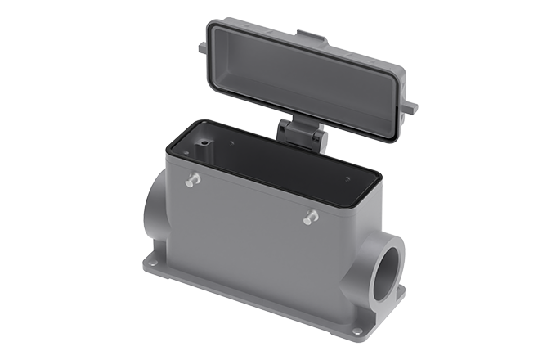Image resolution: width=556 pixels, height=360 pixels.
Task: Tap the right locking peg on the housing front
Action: coord(310,217)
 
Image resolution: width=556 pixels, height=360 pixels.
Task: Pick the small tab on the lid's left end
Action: coord(202,48)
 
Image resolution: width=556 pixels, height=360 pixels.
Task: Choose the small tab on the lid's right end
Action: coord(411,107)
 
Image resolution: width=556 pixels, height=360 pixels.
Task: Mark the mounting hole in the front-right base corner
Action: coord(356,331)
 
